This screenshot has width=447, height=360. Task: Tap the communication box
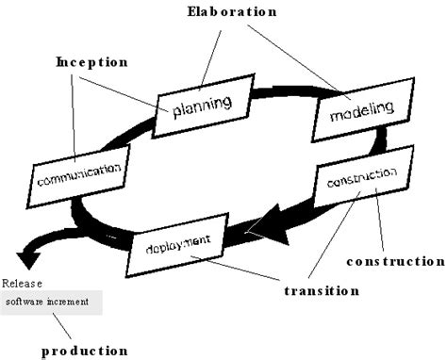pyautogui.click(x=78, y=173)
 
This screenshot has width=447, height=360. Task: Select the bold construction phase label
pyautogui.click(x=395, y=260)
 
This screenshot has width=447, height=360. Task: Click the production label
pyautogui.click(x=84, y=351)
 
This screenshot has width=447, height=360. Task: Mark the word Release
pyautogui.click(x=21, y=283)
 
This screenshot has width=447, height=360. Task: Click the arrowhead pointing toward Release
pyautogui.click(x=21, y=254)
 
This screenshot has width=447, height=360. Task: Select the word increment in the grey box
pyautogui.click(x=70, y=303)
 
